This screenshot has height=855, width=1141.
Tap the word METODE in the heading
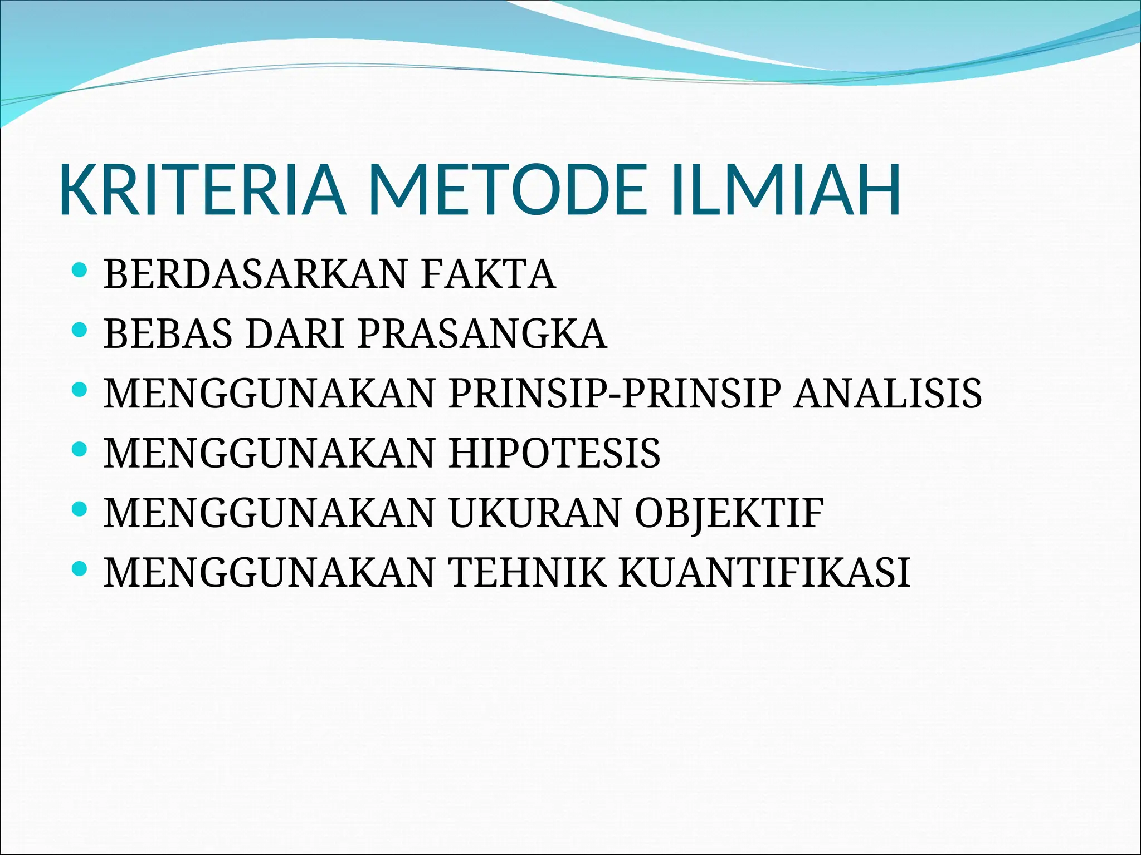(507, 190)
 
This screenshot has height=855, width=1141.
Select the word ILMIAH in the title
(786, 190)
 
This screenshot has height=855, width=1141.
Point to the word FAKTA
(488, 274)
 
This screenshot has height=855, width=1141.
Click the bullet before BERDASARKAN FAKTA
(80, 272)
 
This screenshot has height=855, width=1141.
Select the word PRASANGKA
(482, 334)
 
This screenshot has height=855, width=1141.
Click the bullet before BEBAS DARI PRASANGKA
(80, 331)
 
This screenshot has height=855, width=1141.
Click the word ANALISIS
(888, 394)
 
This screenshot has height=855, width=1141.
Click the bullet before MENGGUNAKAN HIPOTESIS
(80, 449)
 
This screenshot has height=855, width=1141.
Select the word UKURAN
(535, 513)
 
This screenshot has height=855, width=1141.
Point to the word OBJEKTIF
(729, 513)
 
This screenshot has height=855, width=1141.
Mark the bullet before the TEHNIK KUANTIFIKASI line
(80, 568)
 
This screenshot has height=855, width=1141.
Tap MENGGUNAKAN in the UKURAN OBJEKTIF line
(269, 513)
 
